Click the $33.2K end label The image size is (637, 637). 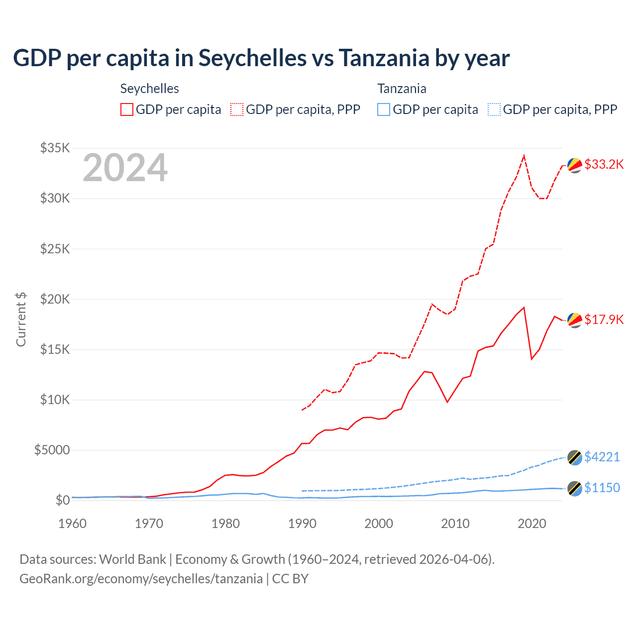[x=604, y=164]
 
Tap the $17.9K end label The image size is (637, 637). [x=604, y=319]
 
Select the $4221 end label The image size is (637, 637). [x=602, y=457]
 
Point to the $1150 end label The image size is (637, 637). [x=602, y=488]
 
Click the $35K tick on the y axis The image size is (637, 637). [x=55, y=148]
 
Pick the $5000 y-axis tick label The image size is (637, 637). [x=52, y=450]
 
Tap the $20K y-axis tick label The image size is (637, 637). [x=55, y=299]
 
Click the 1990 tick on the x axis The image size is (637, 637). [x=302, y=524]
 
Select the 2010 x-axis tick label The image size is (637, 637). [x=455, y=524]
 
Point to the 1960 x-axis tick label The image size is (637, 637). [x=73, y=524]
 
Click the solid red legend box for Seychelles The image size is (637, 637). [x=127, y=109]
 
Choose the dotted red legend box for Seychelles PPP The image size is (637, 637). [x=237, y=109]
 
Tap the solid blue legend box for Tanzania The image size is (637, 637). [x=384, y=109]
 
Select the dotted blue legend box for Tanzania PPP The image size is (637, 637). [x=494, y=109]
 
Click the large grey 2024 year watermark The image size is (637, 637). [x=125, y=168]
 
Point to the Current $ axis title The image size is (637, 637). [x=21, y=319]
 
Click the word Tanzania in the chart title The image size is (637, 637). [x=384, y=58]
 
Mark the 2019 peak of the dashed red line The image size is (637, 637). [x=524, y=156]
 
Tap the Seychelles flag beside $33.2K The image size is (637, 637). [x=575, y=165]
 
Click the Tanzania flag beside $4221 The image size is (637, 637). [x=575, y=458]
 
